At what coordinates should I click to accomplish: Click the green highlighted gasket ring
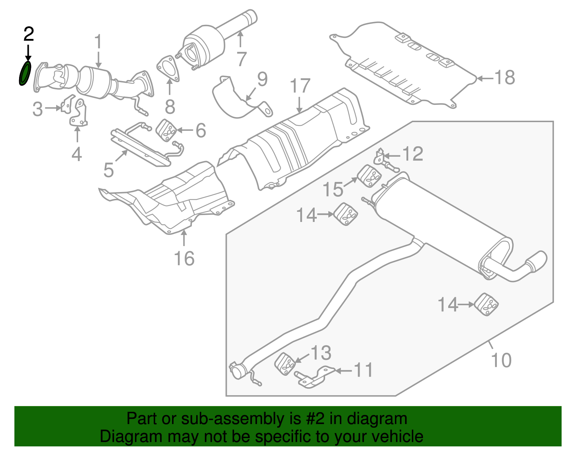(x=25, y=73)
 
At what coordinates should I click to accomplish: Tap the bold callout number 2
(x=28, y=34)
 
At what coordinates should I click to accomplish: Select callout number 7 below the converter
(x=242, y=59)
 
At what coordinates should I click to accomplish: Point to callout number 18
(x=505, y=77)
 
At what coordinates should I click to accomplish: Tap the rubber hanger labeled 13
(x=285, y=364)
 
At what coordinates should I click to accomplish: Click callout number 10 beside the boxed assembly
(x=501, y=360)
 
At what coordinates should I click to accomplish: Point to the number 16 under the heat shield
(x=184, y=259)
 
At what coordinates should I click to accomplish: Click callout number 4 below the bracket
(x=76, y=154)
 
